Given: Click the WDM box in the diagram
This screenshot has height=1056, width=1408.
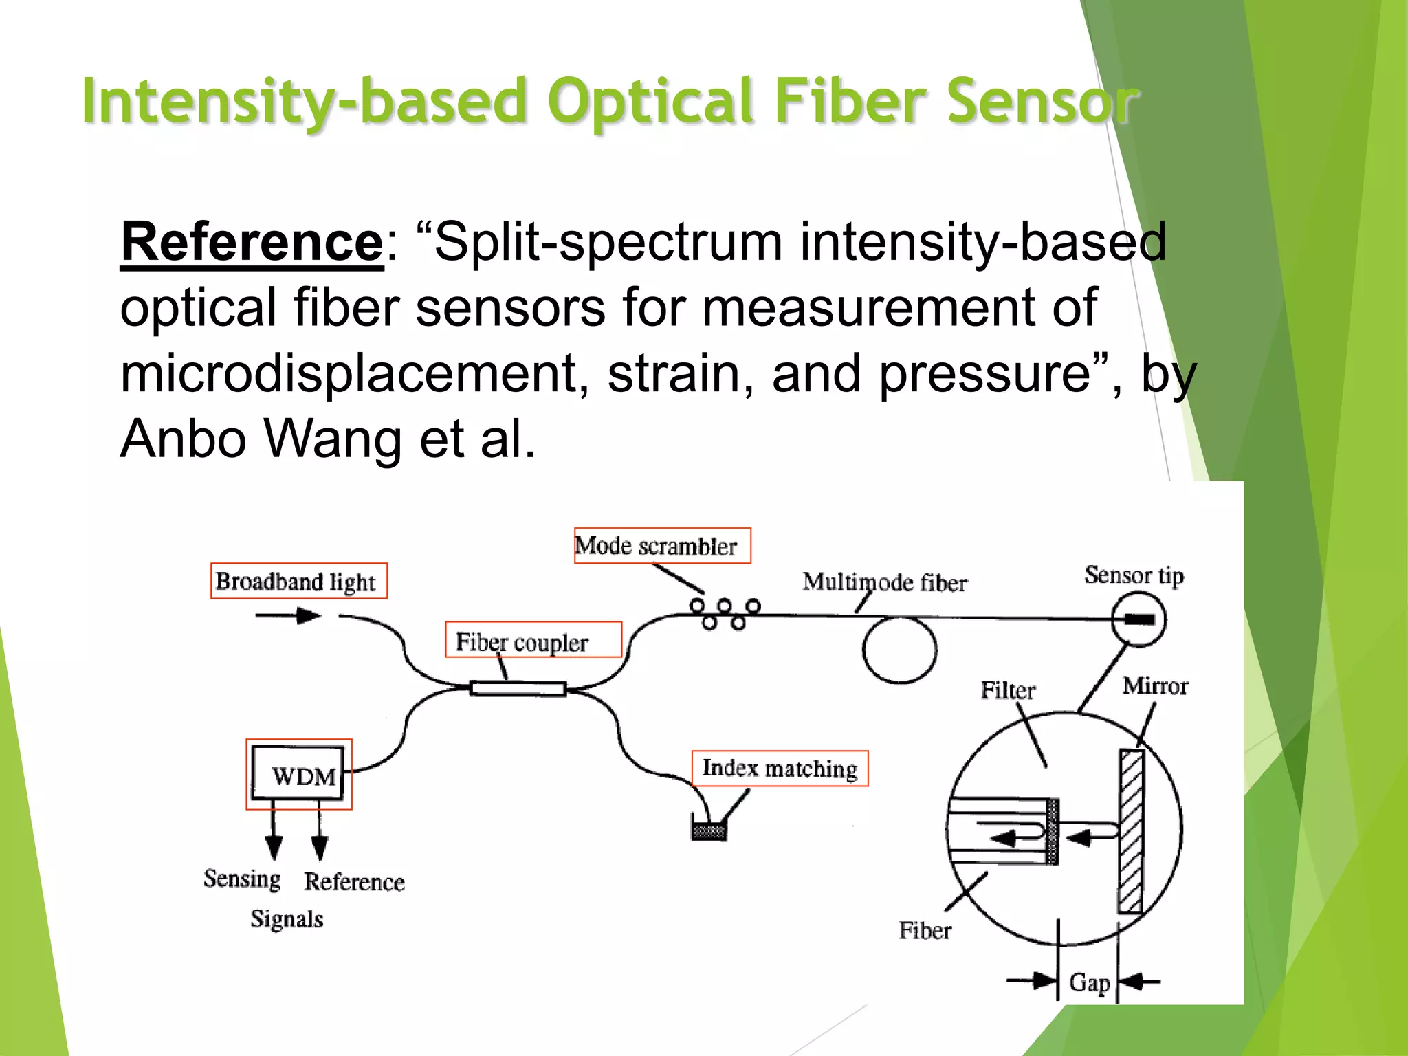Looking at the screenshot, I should coord(298,774).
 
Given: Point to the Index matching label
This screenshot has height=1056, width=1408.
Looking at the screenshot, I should coord(780,769).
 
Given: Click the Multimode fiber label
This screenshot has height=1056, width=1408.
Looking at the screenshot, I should coord(884,582).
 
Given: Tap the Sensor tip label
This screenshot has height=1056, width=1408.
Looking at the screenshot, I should coord(1134,575).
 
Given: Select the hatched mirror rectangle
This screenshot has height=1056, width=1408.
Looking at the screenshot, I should coord(1131,832).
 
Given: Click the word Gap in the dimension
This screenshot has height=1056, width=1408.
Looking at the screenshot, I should coord(1089,982).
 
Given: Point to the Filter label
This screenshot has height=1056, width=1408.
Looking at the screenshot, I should coord(1007,690).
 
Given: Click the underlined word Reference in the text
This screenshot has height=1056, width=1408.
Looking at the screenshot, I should coord(252,242).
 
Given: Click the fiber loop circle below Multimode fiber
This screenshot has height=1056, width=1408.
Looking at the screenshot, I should coord(899,650).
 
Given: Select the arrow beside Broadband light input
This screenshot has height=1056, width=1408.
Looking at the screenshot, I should coord(289,615).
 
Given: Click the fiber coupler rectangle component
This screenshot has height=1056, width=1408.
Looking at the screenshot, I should coord(518,688).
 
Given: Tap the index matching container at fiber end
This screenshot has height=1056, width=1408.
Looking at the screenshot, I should coord(709,830).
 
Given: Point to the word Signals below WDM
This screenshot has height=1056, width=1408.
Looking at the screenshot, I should coord(286,919).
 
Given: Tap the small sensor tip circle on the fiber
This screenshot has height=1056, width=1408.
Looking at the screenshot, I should coord(1138,619).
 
